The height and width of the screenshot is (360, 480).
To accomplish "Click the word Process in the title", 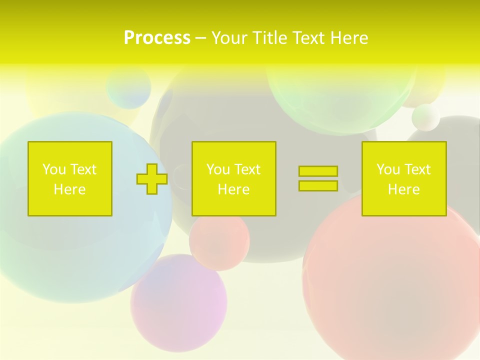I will point(157,38).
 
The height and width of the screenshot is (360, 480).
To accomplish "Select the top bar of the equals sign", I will point(318,171).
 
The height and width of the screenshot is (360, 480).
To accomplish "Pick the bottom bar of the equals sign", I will point(318,185).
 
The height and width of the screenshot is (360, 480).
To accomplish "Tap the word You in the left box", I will point(54,169).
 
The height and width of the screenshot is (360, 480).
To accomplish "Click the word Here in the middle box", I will point(233,189).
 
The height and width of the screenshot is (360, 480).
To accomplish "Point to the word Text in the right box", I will point(417,169).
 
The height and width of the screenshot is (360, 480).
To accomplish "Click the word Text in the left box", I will point(83,169).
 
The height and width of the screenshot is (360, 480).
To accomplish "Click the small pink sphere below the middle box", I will point(219,240).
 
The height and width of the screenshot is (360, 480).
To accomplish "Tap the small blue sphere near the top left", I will point(128,87).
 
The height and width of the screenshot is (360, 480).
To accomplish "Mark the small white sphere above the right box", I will point(426,117).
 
